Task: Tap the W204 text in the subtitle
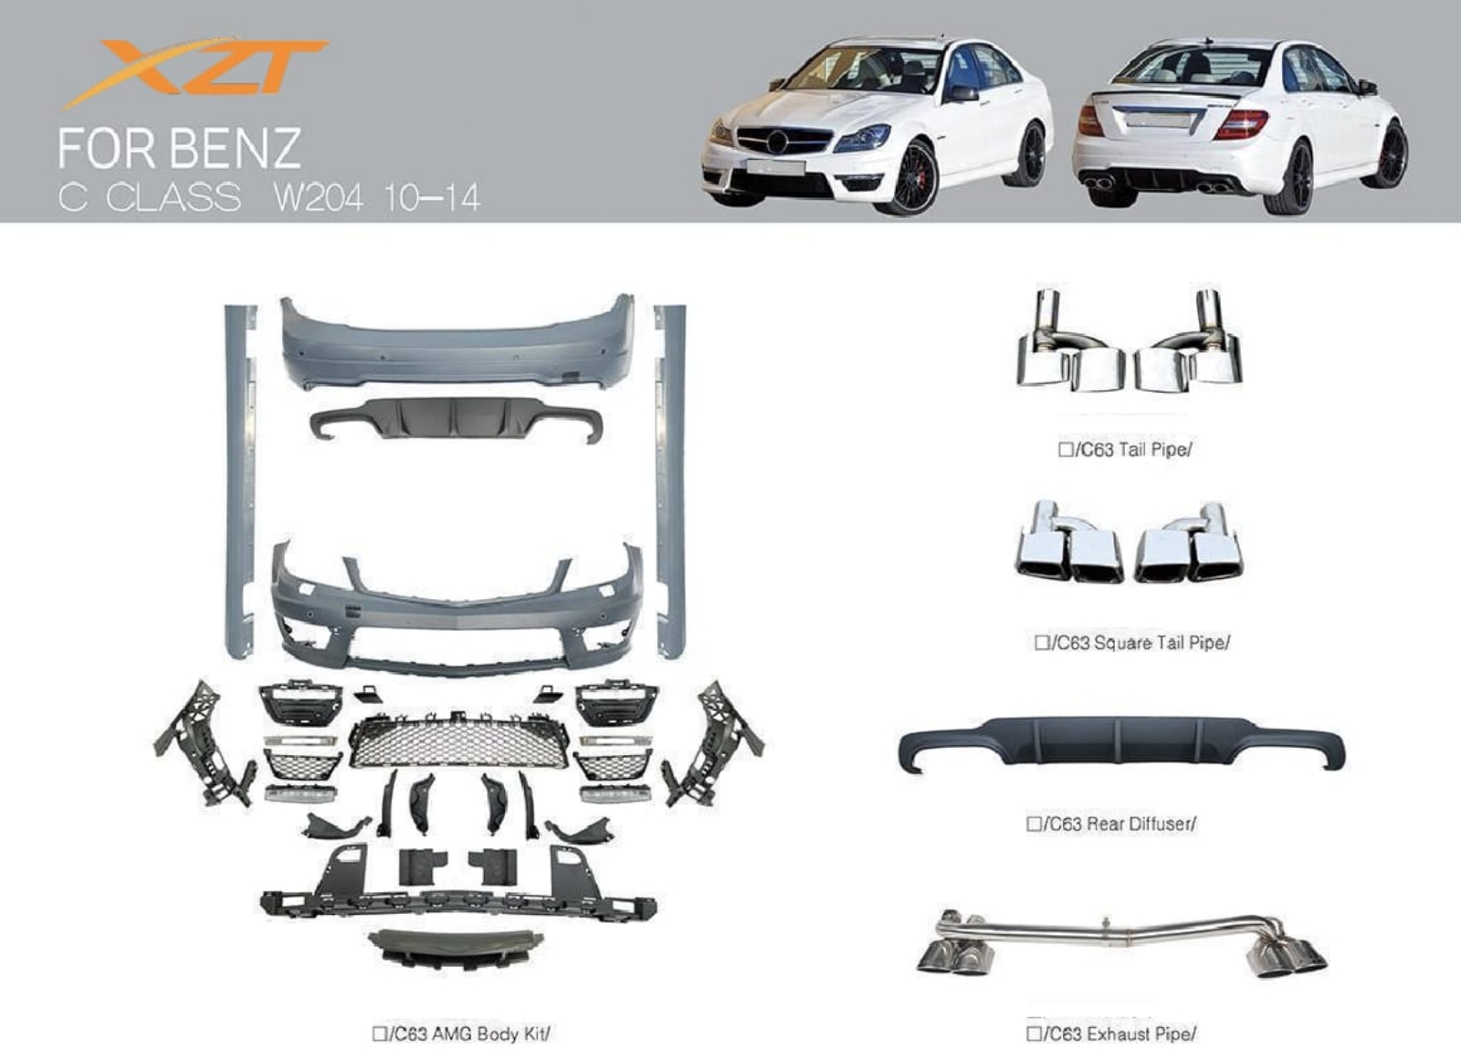pos(318,197)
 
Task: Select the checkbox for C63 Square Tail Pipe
pos(1042,642)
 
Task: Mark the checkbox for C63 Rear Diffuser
pos(1034,824)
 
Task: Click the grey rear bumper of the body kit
pos(457,341)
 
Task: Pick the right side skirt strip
pos(670,480)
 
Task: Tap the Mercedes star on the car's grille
pos(776,142)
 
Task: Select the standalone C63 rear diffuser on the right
pos(1121,746)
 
